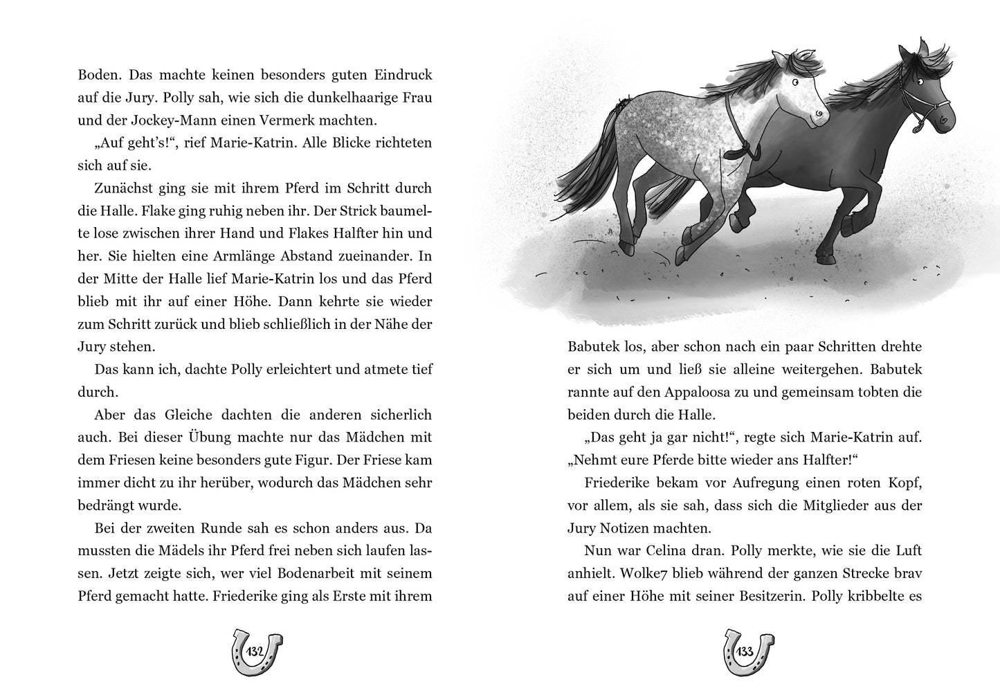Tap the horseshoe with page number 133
pos(745,651)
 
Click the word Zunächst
pos(123,188)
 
